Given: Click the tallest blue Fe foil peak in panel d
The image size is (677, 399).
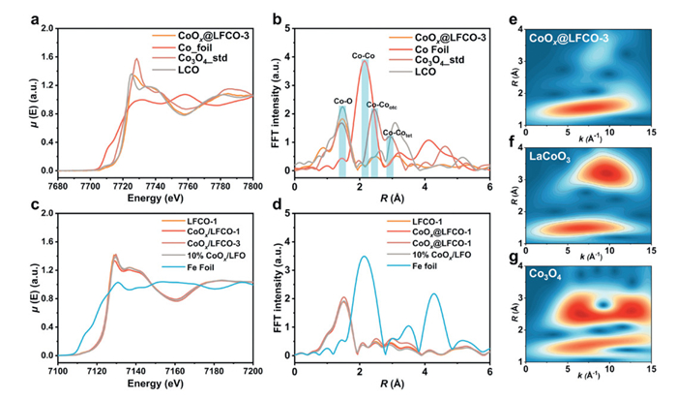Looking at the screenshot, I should (364, 257).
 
